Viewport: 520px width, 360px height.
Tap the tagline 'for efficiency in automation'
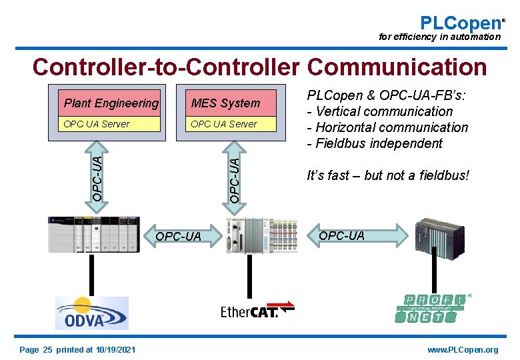[439, 37]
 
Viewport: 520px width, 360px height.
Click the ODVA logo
[91, 313]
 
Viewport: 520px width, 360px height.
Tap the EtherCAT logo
[257, 311]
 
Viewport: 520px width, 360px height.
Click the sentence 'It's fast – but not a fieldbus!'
[388, 176]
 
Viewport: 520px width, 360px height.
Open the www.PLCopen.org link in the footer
[463, 350]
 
